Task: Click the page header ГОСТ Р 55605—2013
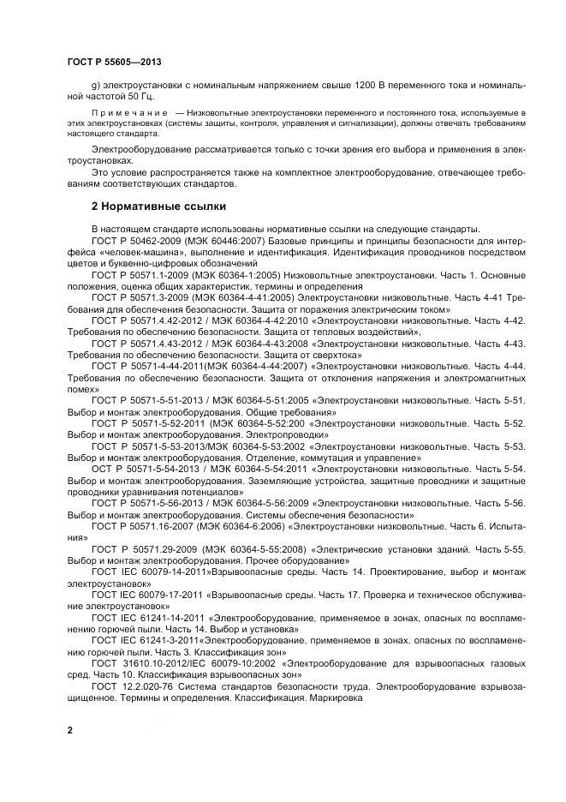pos(114,63)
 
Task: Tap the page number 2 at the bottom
pos(69,729)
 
